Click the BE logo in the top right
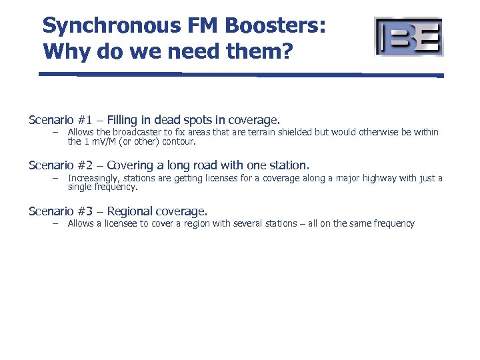[409, 36]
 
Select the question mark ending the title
[285, 51]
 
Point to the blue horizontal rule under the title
[240, 75]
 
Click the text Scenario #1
[59, 120]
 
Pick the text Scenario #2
[59, 165]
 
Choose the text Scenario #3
[59, 211]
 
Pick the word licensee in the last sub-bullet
[120, 223]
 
